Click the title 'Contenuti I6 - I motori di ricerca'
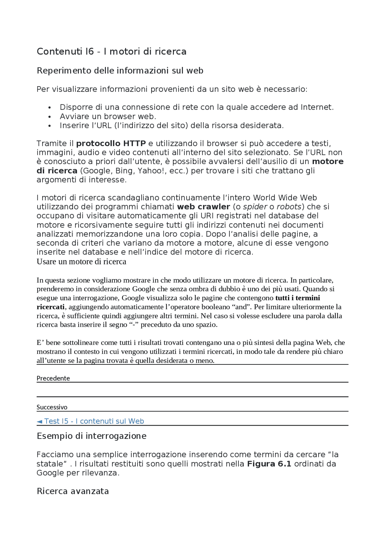pyautogui.click(x=111, y=52)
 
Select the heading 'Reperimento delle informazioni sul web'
pyautogui.click(x=120, y=71)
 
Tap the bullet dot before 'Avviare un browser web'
pyautogui.click(x=50, y=117)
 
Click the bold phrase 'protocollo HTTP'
pyautogui.click(x=111, y=143)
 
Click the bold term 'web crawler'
pyautogui.click(x=203, y=207)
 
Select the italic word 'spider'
pyautogui.click(x=255, y=207)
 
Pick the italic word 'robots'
pyautogui.click(x=289, y=207)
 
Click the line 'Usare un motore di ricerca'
pyautogui.click(x=81, y=262)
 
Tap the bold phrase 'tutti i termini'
pyautogui.click(x=297, y=298)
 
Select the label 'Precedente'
pyautogui.click(x=53, y=378)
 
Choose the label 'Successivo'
pyautogui.click(x=52, y=407)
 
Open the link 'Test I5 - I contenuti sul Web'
pyautogui.click(x=94, y=421)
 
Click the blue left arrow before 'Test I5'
pyautogui.click(x=39, y=421)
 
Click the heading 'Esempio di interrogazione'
pyautogui.click(x=91, y=436)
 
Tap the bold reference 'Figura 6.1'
pyautogui.click(x=269, y=464)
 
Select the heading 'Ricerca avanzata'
pyautogui.click(x=72, y=491)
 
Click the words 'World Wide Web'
pyautogui.click(x=285, y=198)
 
